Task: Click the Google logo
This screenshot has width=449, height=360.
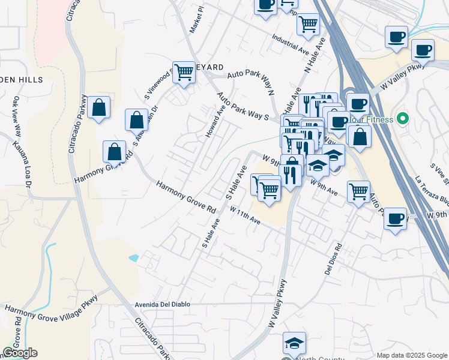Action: (x=19, y=353)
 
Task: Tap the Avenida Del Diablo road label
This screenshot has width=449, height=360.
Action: (x=162, y=304)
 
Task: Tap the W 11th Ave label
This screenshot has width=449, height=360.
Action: (x=245, y=215)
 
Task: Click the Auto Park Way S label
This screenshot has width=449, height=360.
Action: (x=243, y=106)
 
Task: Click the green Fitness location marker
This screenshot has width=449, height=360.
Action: (x=403, y=119)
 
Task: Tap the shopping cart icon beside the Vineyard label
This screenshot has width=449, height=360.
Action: (x=184, y=73)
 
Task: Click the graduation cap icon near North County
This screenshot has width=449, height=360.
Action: (x=294, y=343)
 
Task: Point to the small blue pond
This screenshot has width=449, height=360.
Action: (x=133, y=257)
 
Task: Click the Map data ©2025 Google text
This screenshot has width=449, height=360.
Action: (x=411, y=355)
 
